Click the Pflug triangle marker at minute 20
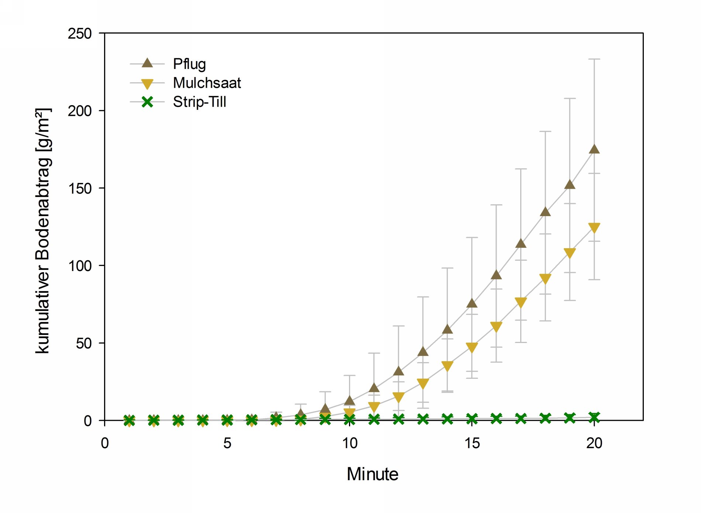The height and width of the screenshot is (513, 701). click(594, 149)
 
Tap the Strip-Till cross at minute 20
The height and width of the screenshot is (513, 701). click(594, 417)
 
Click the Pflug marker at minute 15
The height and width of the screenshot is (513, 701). click(472, 303)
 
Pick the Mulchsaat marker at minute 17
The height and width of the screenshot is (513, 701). click(521, 302)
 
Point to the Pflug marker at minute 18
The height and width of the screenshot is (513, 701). click(545, 212)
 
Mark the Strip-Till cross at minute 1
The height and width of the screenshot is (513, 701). click(129, 420)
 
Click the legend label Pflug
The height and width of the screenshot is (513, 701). click(189, 64)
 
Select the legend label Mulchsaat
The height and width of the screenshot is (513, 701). click(207, 83)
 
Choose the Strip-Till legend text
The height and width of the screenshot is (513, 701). click(199, 102)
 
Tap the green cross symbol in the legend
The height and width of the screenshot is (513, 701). click(147, 102)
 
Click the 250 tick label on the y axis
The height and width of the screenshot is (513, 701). click(80, 34)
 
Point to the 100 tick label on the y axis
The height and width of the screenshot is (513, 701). click(80, 266)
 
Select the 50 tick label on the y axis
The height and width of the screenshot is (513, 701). click(84, 343)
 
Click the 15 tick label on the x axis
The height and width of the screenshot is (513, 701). click(472, 443)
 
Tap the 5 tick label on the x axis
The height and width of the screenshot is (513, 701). click(227, 443)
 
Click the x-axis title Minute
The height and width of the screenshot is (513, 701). click(373, 474)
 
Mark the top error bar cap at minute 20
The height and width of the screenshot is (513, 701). click(594, 59)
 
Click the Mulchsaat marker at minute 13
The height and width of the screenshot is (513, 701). click(423, 384)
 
